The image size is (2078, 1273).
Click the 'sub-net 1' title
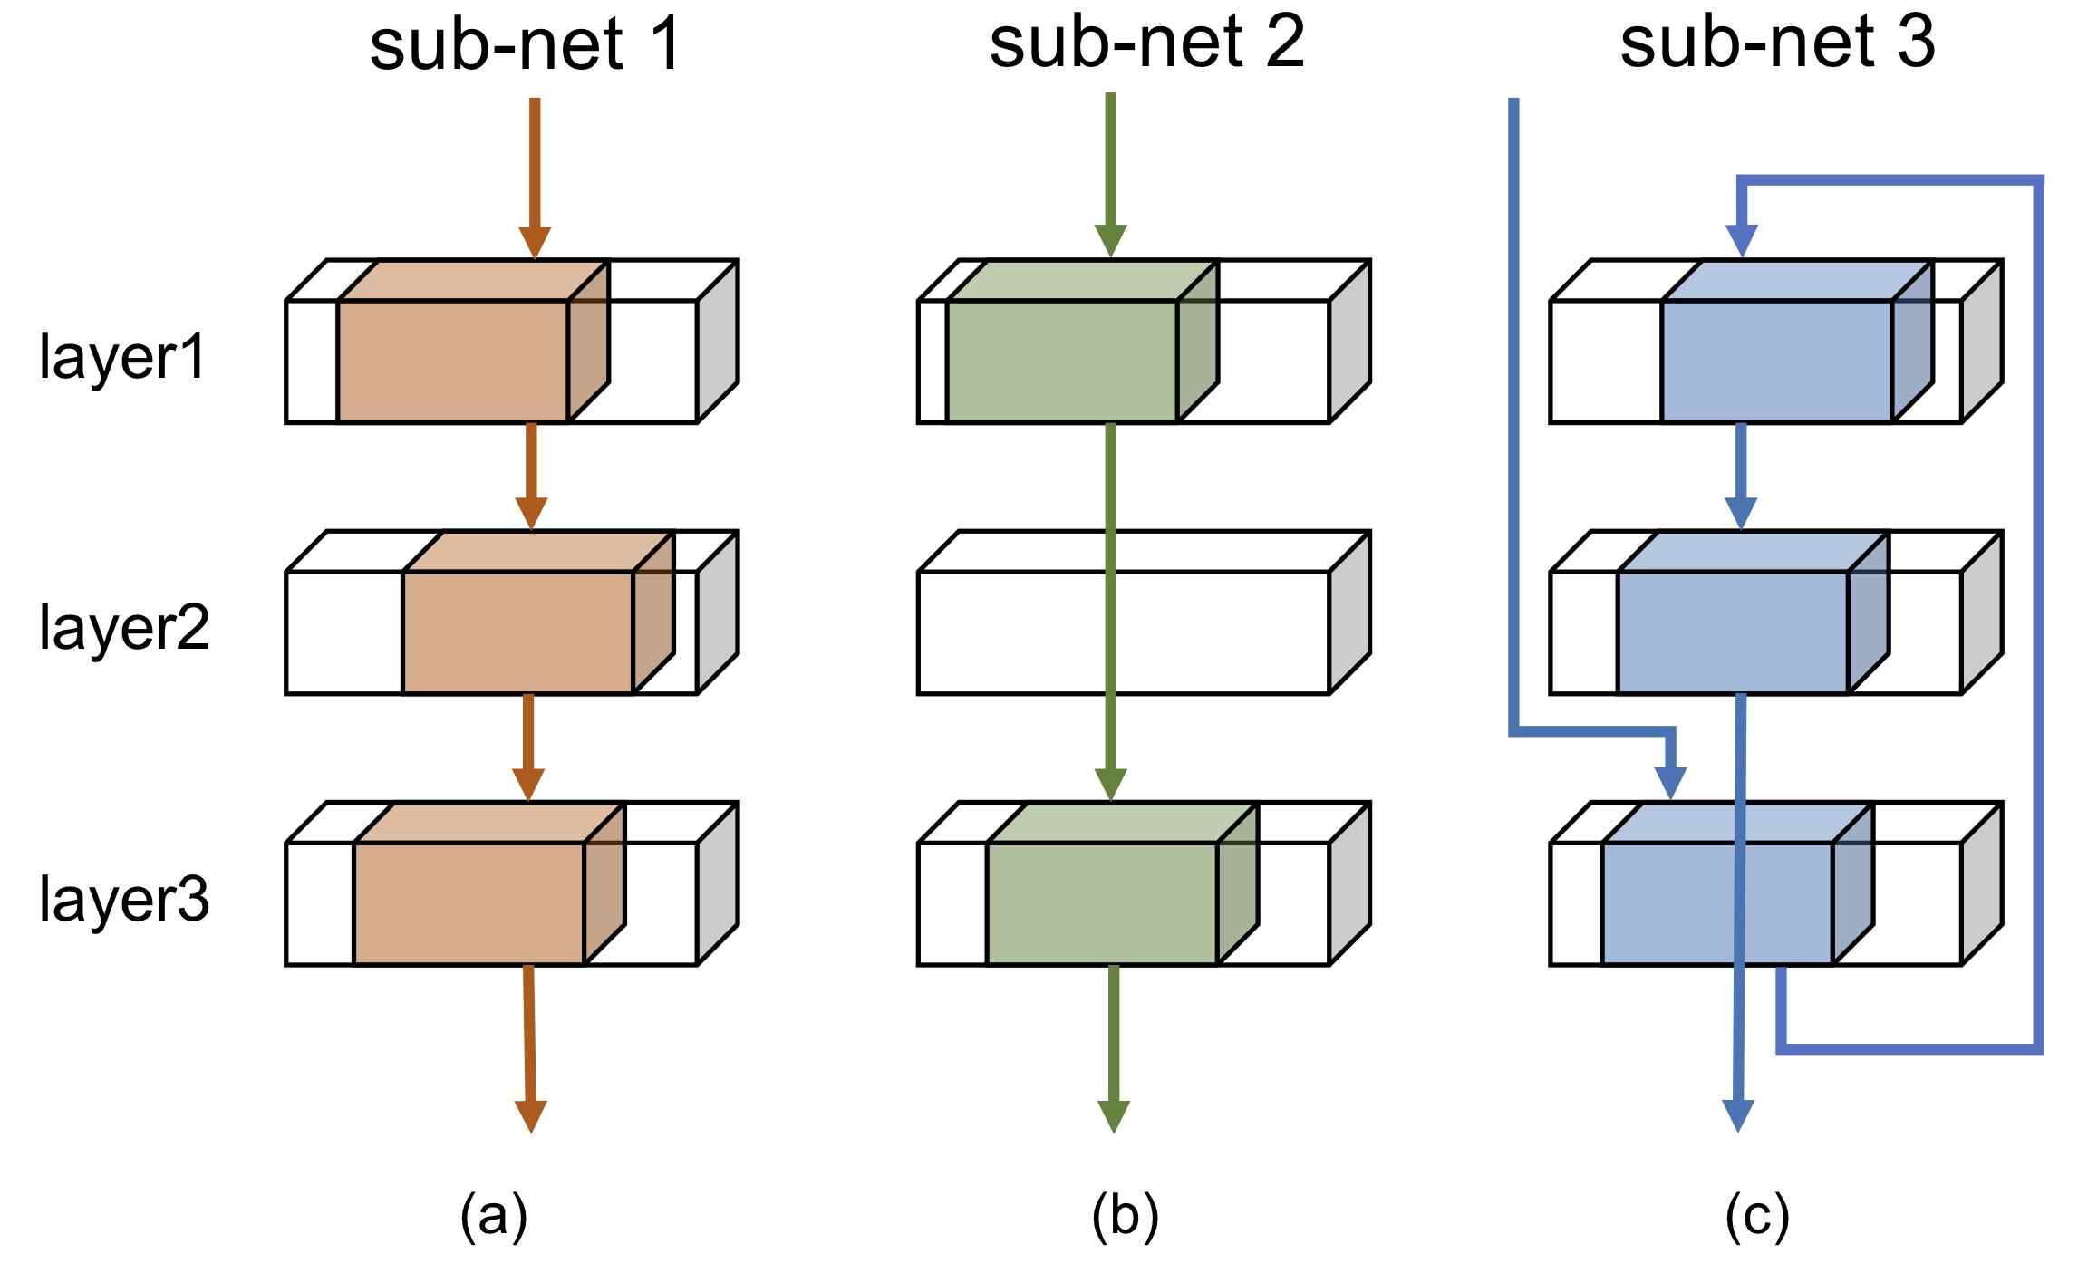point(525,44)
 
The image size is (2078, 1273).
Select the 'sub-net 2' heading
point(1146,43)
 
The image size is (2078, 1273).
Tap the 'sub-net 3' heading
point(1777,43)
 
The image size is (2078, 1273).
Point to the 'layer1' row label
point(123,359)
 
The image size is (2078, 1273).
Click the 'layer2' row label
point(124,629)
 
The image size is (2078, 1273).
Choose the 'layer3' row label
point(124,901)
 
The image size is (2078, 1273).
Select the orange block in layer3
point(488,884)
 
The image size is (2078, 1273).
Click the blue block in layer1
point(1797,342)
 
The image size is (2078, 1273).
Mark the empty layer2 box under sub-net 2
point(1144,613)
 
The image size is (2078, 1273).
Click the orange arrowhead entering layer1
point(535,242)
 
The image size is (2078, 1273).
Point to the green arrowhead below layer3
point(1114,1116)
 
